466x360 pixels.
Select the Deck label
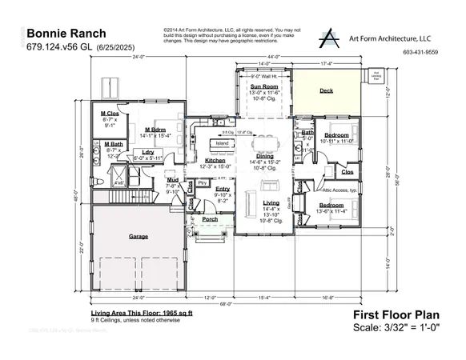coord(326,91)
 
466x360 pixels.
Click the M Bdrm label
coord(156,130)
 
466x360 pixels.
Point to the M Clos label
coord(109,114)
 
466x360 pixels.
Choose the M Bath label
coord(112,144)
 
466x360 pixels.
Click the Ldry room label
coord(147,152)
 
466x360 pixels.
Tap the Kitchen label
coord(215,161)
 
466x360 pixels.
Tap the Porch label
coord(210,218)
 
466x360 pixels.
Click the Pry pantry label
coord(202,183)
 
